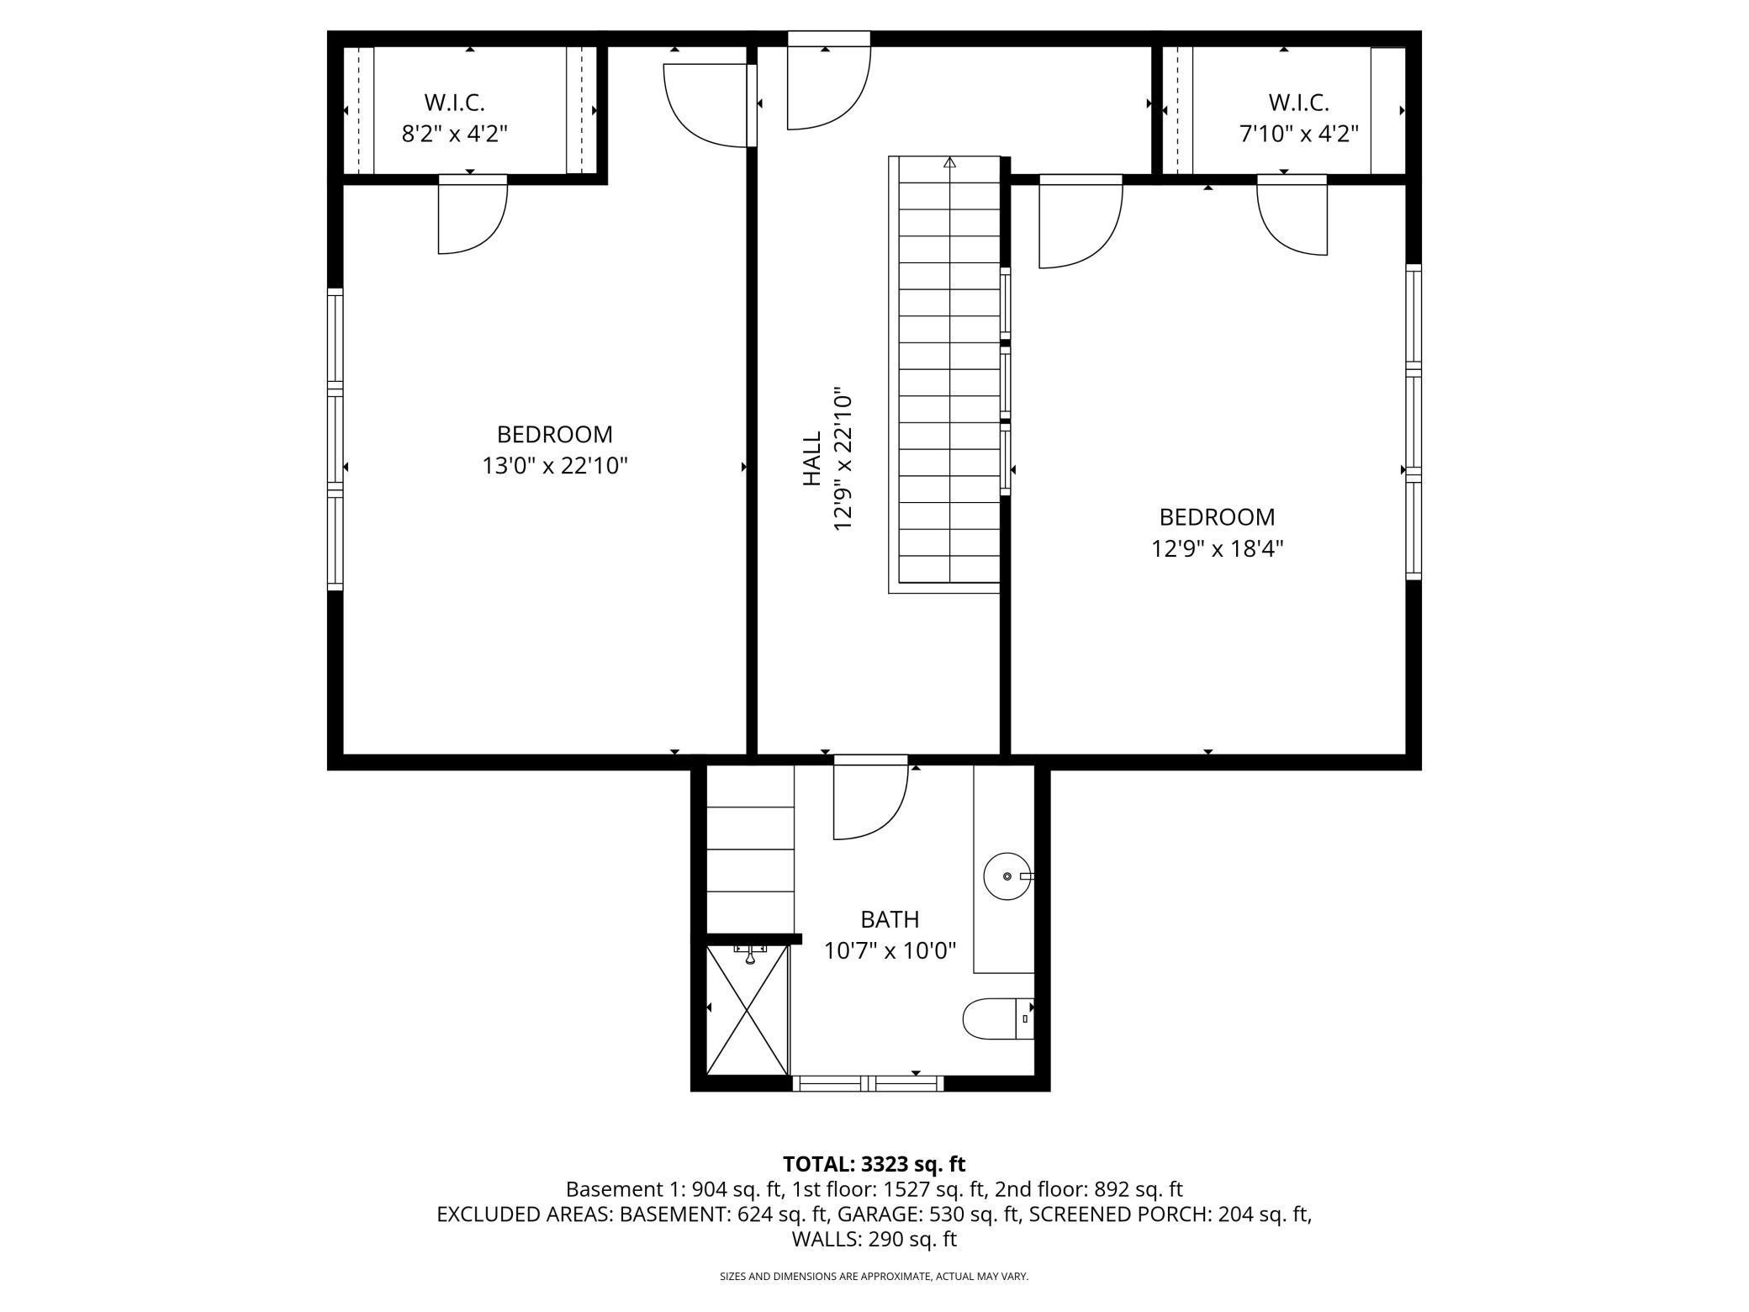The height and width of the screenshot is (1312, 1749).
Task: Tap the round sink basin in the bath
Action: pos(1007,876)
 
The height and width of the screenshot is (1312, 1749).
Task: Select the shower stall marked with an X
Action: pos(748,1009)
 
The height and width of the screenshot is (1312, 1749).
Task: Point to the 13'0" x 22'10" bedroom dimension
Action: pos(555,466)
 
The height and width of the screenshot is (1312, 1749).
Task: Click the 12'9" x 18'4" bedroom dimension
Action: pos(1217,548)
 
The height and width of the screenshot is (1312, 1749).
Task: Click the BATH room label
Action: pos(890,919)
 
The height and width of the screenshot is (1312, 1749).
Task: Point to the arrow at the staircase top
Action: pos(950,162)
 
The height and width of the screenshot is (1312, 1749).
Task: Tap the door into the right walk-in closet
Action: pos(1292,219)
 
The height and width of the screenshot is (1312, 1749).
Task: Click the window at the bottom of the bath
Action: pos(868,1083)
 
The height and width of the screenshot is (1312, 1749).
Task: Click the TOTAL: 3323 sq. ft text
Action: pos(874,1164)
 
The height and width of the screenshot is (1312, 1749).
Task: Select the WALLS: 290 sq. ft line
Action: pos(874,1239)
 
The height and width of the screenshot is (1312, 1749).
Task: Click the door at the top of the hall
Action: pos(827,84)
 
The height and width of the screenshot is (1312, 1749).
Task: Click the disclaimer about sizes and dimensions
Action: pos(874,1277)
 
